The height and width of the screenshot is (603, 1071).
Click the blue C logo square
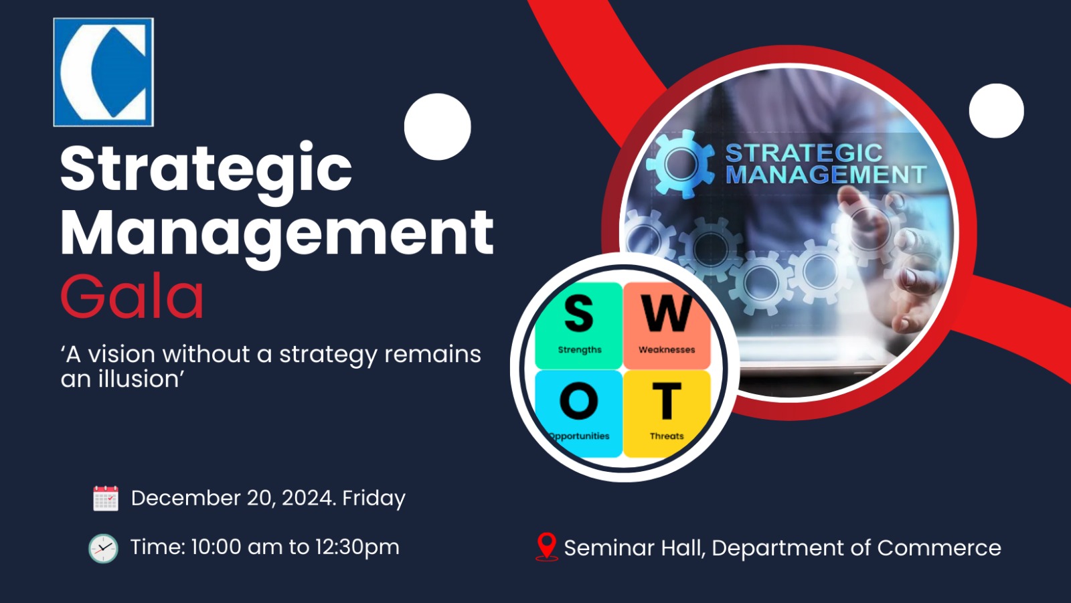click(x=103, y=72)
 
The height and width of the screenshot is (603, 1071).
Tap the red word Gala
click(x=133, y=296)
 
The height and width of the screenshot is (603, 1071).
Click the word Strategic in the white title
click(x=206, y=172)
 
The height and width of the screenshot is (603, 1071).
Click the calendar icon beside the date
click(x=106, y=499)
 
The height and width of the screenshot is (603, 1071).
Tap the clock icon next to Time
click(x=103, y=549)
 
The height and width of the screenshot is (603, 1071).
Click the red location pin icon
click(x=547, y=547)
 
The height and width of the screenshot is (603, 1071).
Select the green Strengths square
click(x=578, y=326)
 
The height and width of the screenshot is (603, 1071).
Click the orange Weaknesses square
click(x=667, y=326)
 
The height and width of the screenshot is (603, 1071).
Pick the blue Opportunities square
click(x=578, y=414)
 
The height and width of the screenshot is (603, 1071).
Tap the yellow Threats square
click(x=667, y=414)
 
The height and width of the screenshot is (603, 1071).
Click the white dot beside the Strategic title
click(x=438, y=126)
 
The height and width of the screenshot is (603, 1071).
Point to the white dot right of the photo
click(x=997, y=111)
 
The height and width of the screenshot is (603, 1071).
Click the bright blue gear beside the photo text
click(x=681, y=164)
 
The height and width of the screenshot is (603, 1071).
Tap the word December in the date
click(x=186, y=499)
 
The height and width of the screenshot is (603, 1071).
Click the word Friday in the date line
click(x=374, y=499)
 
